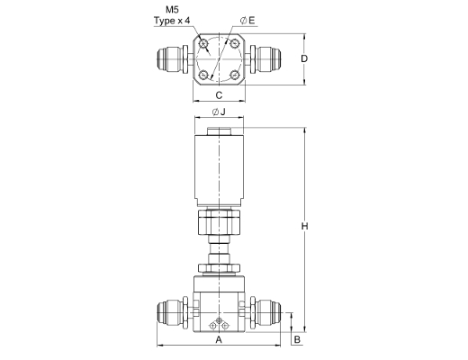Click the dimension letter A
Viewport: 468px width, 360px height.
[219, 339]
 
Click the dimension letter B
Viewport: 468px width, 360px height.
[297, 339]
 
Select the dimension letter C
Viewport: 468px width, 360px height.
[220, 95]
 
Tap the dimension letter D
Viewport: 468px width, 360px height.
[304, 58]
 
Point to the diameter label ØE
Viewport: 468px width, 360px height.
[247, 21]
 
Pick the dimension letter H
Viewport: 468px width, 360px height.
[304, 226]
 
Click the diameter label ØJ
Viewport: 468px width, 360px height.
[219, 112]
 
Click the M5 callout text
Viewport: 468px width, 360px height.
[172, 10]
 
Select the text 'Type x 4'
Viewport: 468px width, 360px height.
[172, 21]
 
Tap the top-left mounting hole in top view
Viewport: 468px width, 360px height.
[204, 44]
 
